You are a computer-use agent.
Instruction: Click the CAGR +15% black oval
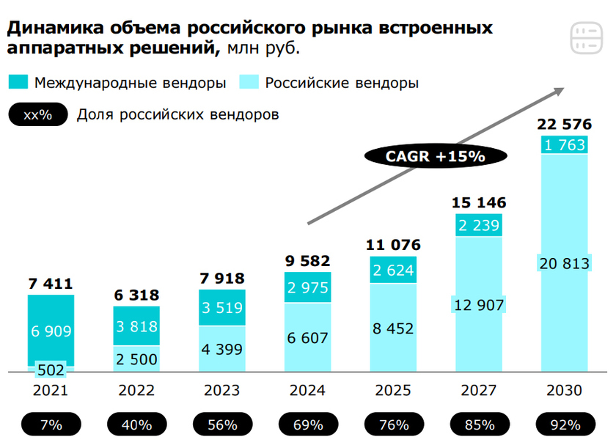[x=425, y=155]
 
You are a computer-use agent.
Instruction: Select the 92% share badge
[x=564, y=424]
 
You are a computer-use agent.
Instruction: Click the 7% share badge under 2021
[x=51, y=424]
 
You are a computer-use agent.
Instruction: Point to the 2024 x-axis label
[x=308, y=390]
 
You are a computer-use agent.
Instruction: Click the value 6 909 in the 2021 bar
[x=51, y=331]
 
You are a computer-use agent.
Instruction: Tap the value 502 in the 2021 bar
[x=51, y=369]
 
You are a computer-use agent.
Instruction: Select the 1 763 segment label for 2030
[x=564, y=144]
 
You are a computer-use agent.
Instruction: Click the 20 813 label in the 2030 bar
[x=564, y=263]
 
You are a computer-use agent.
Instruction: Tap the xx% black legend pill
[x=37, y=115]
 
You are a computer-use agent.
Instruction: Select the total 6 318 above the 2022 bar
[x=136, y=295]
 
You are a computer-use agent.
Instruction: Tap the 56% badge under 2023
[x=222, y=424]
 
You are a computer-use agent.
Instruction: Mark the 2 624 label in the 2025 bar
[x=394, y=270]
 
